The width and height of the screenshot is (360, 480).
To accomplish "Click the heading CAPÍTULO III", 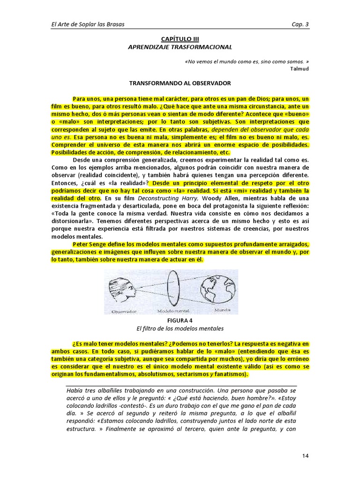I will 180,39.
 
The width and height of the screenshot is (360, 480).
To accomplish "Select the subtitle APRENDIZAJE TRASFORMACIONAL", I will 180,47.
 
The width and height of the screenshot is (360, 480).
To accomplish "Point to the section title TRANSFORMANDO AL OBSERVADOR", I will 180,83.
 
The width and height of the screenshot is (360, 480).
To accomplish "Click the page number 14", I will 303,456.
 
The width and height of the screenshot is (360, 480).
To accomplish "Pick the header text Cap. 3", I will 300,24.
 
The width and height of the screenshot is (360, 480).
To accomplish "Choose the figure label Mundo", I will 222,310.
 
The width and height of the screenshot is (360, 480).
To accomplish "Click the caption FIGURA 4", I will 180,321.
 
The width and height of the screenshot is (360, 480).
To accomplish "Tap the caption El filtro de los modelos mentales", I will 180,328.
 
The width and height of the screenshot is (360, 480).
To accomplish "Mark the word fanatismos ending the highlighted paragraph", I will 230,375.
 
